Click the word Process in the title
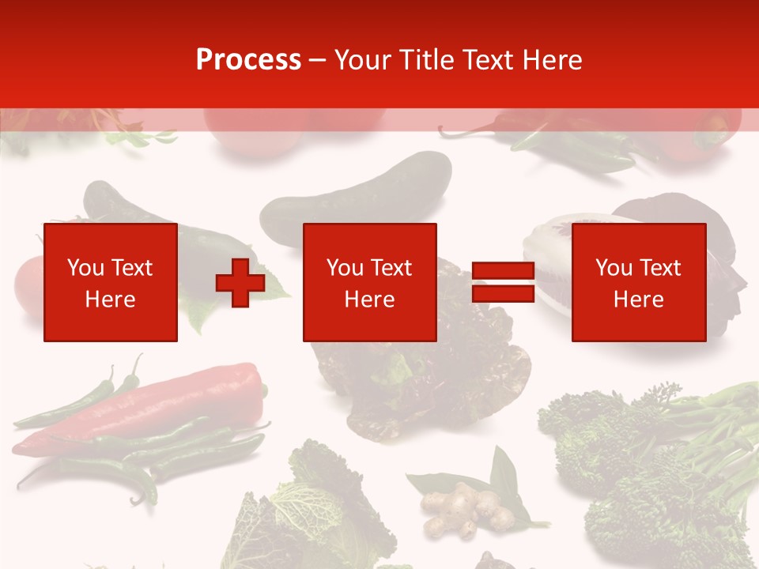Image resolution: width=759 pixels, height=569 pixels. [x=248, y=60]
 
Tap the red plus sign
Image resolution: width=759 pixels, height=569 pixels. [x=240, y=283]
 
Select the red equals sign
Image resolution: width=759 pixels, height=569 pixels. [x=503, y=283]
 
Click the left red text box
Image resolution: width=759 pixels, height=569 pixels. [x=110, y=282]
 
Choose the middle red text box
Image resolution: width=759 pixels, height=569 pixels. [x=369, y=282]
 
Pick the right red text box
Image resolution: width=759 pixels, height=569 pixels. [x=638, y=282]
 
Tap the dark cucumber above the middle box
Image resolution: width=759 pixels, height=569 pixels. [x=356, y=194]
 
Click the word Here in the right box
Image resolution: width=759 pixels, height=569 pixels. [x=638, y=300]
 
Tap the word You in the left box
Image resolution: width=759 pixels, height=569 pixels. [x=85, y=268]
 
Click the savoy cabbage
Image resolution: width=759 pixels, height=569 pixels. [x=316, y=506]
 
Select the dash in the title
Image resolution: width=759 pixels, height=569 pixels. [x=318, y=60]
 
